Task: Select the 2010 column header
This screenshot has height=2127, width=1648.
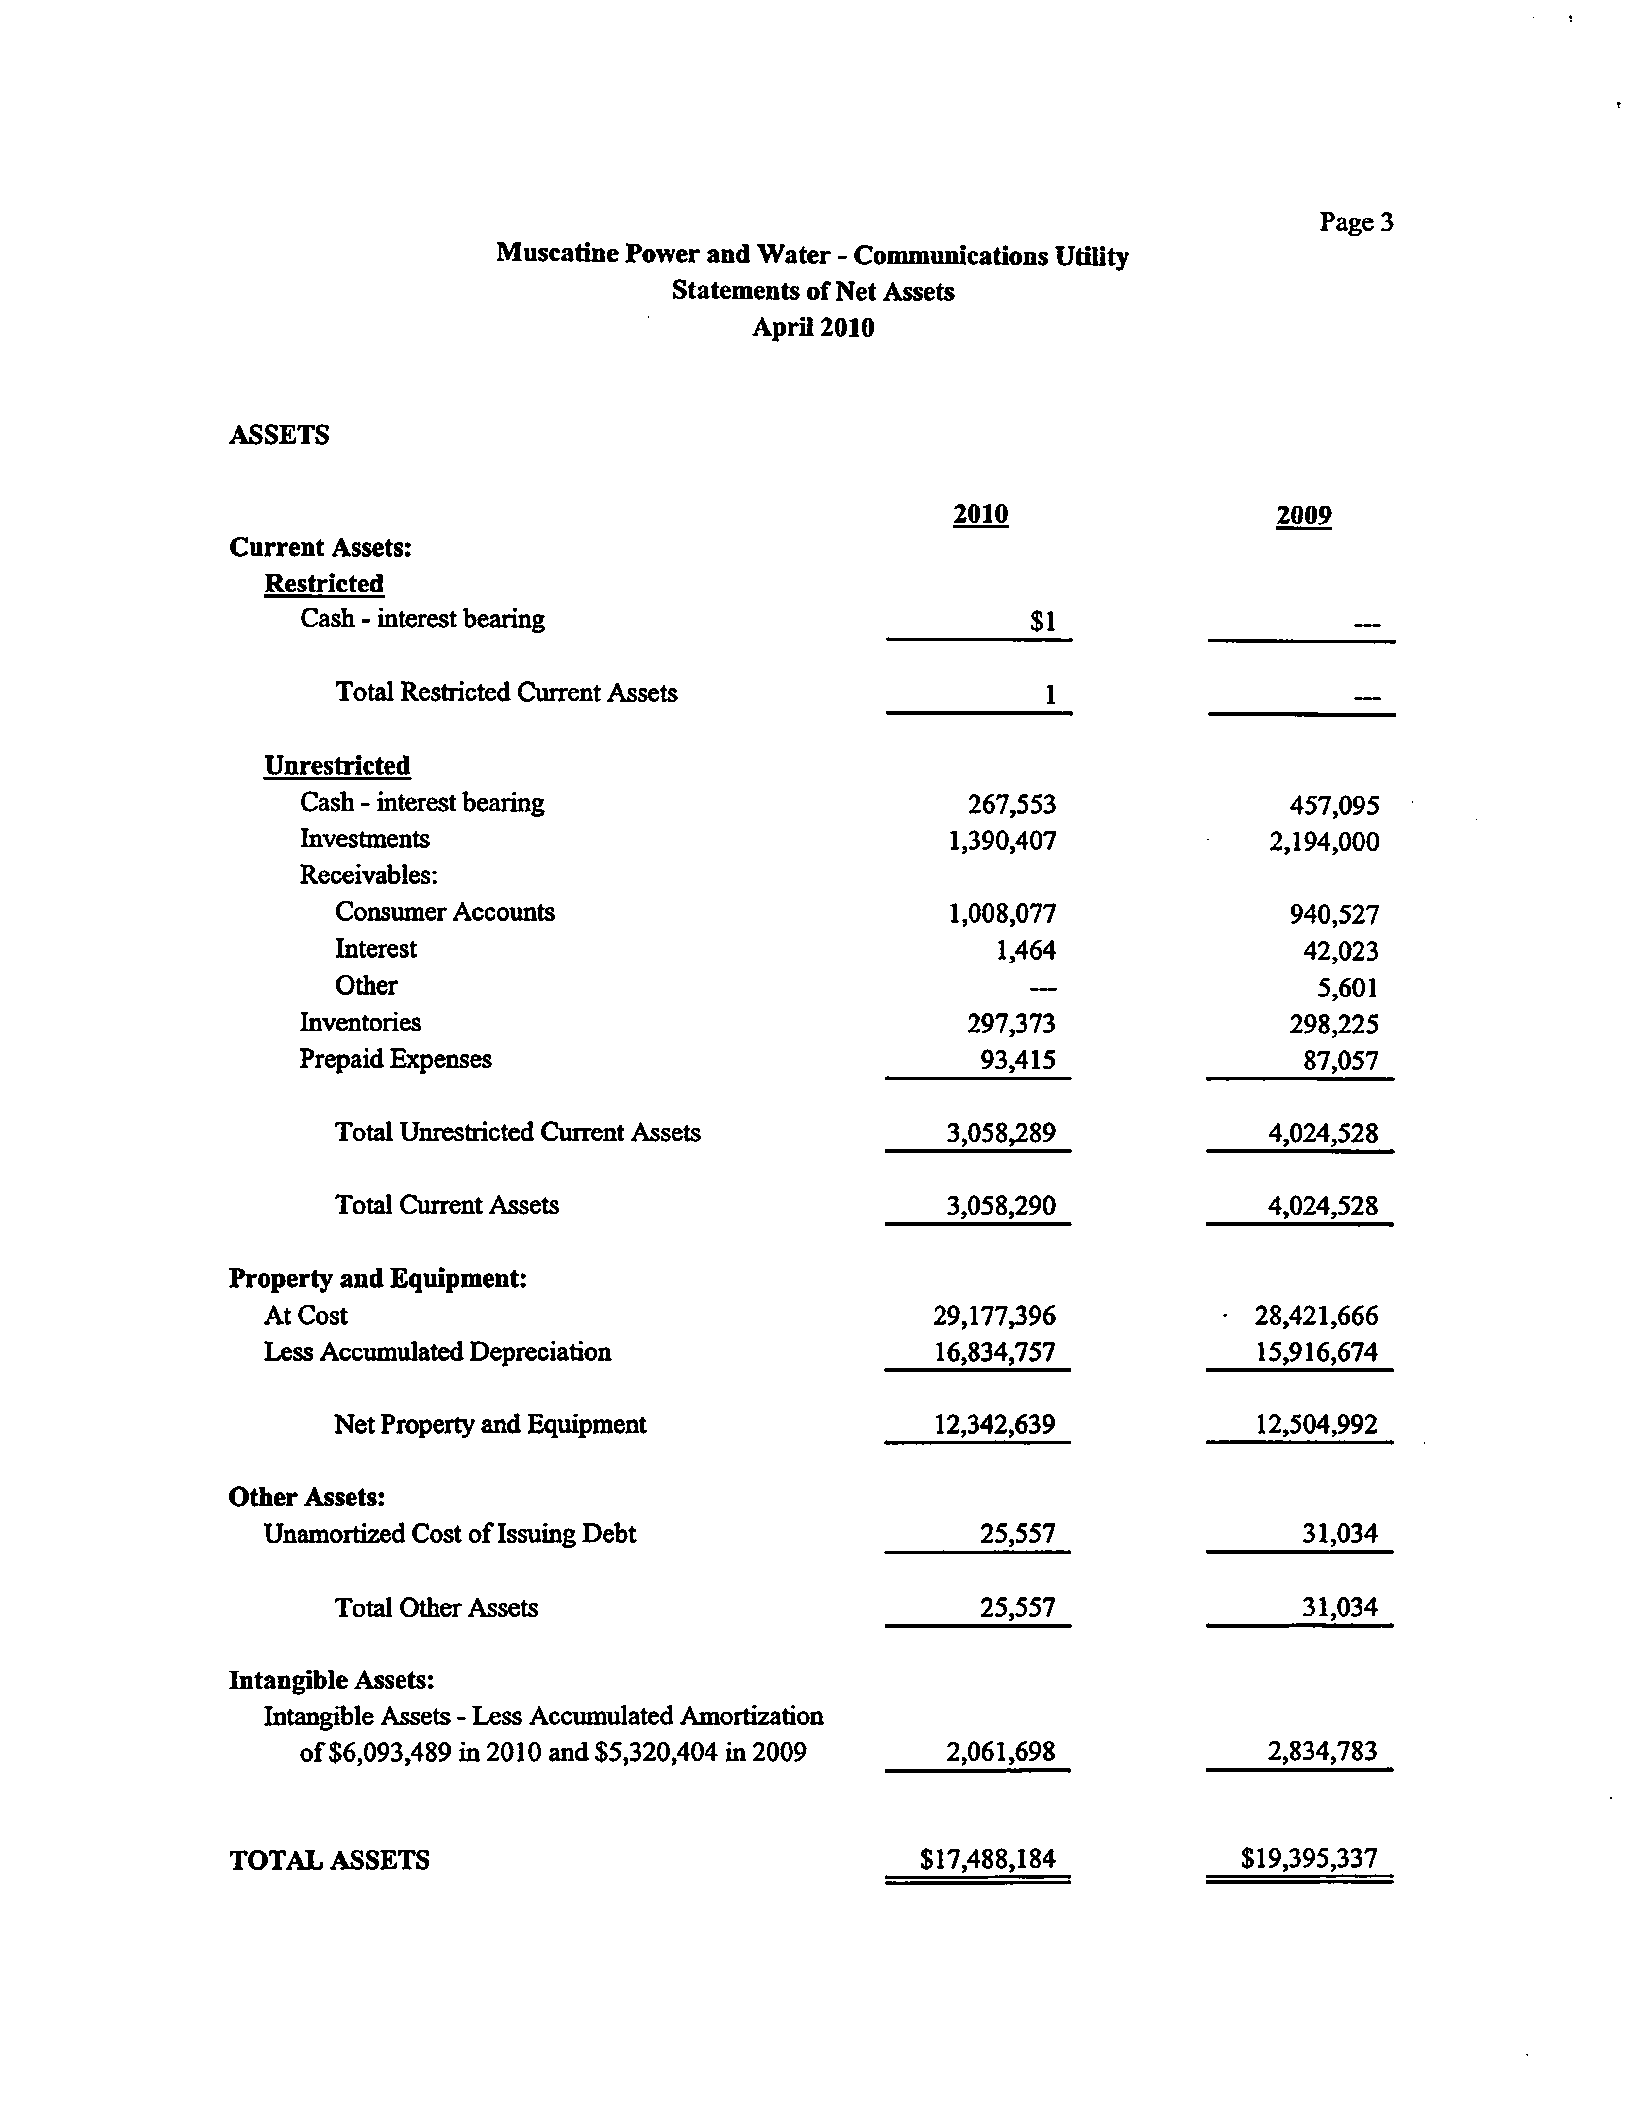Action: [980, 514]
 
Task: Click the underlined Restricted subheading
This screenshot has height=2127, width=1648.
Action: [323, 583]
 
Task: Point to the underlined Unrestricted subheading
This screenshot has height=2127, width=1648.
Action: [337, 765]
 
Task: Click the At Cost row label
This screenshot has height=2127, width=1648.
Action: [305, 1316]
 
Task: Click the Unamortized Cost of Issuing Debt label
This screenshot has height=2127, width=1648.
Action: [449, 1534]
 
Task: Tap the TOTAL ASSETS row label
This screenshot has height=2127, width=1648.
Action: [329, 1860]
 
